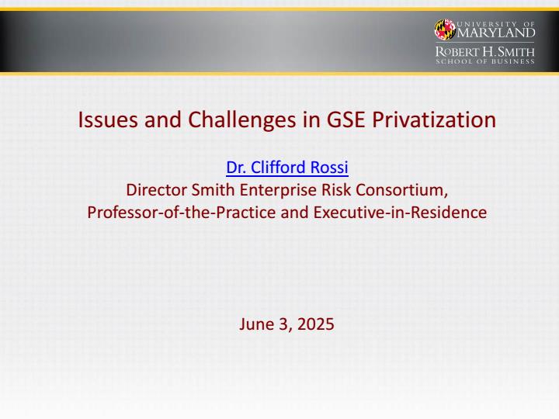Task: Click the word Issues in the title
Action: (108, 119)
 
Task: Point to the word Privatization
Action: (434, 119)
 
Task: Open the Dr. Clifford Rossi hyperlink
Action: (287, 168)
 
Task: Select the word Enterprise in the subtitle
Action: (278, 191)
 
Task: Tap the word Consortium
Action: (402, 190)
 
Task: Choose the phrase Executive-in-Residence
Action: (400, 213)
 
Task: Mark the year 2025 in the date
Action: (315, 324)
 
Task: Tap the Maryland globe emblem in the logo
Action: (445, 29)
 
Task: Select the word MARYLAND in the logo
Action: (496, 33)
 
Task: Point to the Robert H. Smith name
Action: (484, 52)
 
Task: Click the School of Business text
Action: (484, 61)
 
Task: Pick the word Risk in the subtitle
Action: (336, 190)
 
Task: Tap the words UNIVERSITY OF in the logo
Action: (496, 24)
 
